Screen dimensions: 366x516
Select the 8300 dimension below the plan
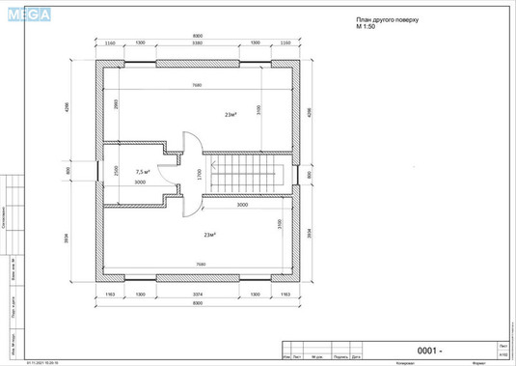point(197,303)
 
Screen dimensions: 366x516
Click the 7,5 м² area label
point(142,171)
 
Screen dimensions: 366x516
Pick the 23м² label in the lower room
point(209,235)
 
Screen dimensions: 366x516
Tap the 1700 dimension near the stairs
point(199,176)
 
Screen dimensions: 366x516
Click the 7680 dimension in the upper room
point(197,85)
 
